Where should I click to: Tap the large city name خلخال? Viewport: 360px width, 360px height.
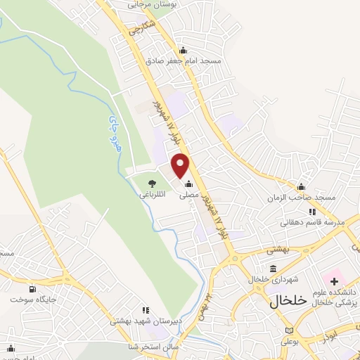coord(288,300)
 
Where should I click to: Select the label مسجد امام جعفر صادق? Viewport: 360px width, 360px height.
coord(184,61)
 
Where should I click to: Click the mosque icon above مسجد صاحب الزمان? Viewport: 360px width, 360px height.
coord(301,187)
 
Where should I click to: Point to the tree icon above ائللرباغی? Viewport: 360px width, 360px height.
coord(152,182)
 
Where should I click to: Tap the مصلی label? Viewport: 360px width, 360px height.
coord(190,196)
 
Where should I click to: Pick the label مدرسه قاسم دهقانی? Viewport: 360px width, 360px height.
coord(312,222)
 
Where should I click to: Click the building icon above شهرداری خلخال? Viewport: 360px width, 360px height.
coord(273,268)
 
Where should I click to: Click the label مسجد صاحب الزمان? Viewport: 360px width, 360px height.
coord(301,198)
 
